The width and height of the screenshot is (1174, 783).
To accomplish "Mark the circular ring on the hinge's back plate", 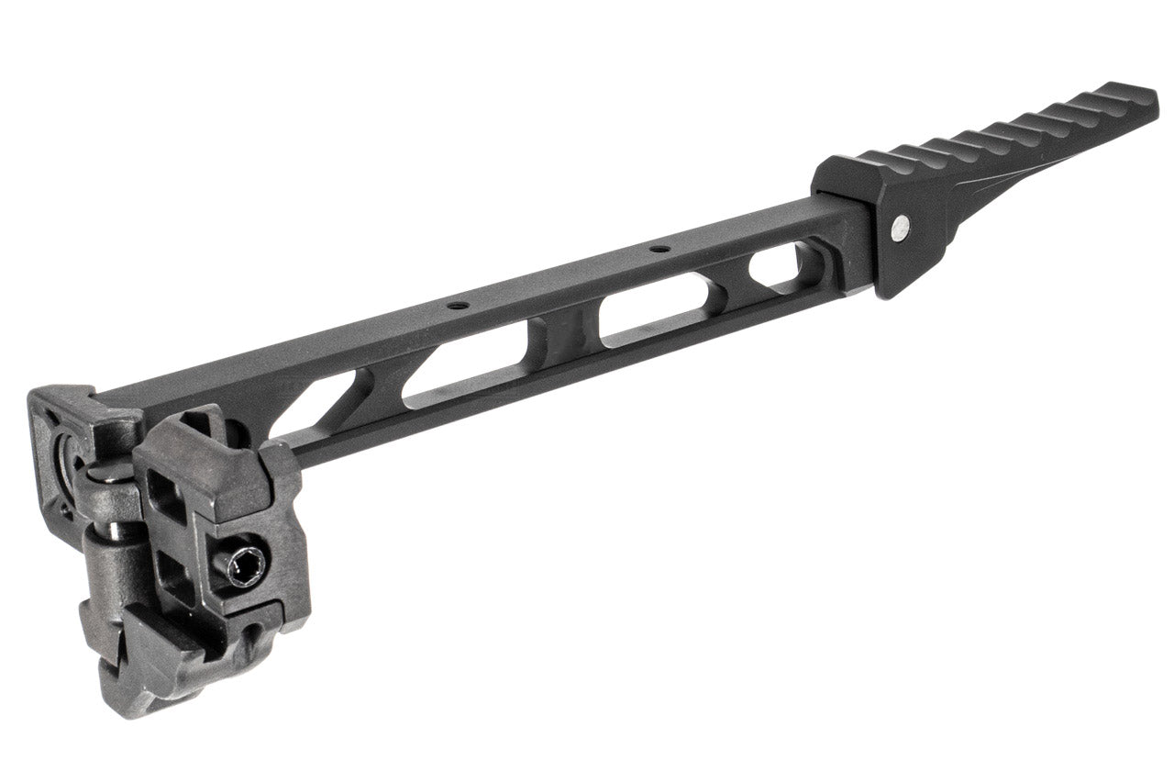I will tap(66, 454).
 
